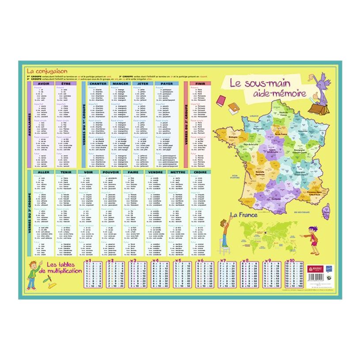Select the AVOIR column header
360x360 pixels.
coord(43,83)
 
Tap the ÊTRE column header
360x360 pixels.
coord(65,83)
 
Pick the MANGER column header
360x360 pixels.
coord(120,83)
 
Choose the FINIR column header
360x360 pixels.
coord(200,83)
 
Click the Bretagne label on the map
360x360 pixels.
coord(233,137)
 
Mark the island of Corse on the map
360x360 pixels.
coord(326,212)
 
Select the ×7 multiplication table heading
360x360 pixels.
coord(223,261)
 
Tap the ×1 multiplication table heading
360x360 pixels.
coord(88,261)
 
